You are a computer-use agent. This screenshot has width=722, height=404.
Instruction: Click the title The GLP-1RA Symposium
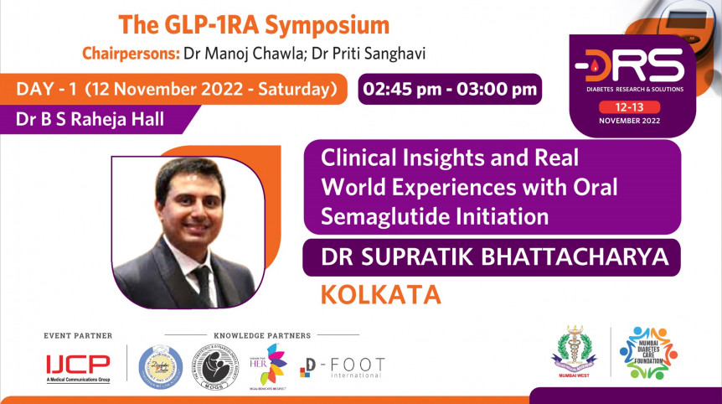[254, 24]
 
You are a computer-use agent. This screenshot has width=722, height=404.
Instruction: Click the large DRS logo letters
[629, 64]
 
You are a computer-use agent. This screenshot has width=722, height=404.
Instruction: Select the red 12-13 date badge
[628, 106]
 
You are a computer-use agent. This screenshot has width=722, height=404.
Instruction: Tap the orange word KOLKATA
[379, 294]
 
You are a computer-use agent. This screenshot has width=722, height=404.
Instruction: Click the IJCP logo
[78, 365]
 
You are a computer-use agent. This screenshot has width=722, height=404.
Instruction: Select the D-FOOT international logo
[343, 367]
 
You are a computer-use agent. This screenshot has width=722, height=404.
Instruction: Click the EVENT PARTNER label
[78, 335]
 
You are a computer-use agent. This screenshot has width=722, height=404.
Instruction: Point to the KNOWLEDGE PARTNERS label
[261, 335]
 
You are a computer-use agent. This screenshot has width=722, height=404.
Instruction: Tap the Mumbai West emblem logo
[574, 352]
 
